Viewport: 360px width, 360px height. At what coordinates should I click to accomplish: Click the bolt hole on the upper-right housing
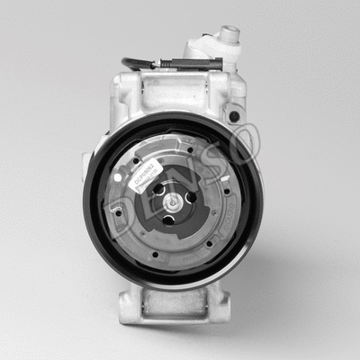(x=235, y=116)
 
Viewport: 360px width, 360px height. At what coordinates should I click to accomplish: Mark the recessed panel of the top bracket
(x=173, y=91)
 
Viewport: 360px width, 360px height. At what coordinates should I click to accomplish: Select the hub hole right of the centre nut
(x=190, y=199)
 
